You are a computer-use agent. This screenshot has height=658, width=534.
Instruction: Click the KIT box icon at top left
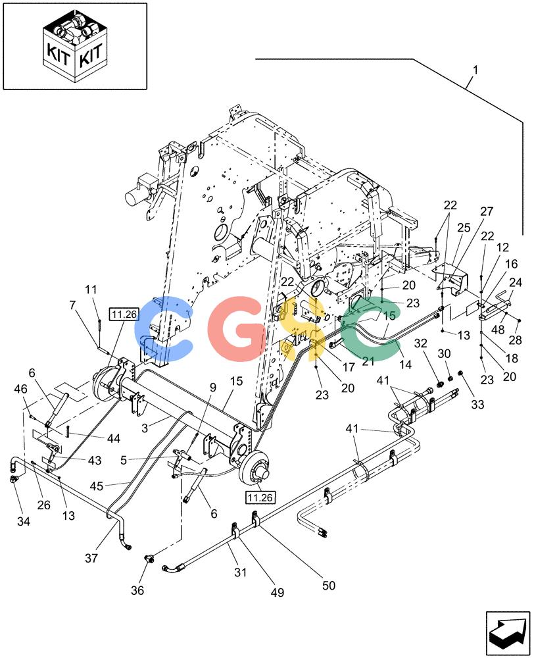pyautogui.click(x=75, y=46)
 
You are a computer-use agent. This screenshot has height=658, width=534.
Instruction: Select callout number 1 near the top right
pyautogui.click(x=475, y=70)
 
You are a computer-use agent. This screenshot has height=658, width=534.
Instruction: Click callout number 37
pyautogui.click(x=91, y=558)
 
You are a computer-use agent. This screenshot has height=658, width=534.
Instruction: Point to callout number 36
pyautogui.click(x=137, y=590)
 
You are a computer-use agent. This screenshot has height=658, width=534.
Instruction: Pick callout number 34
pyautogui.click(x=24, y=521)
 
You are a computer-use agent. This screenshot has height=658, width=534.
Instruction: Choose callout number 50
pyautogui.click(x=328, y=585)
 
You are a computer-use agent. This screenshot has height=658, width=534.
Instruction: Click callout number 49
pyautogui.click(x=278, y=592)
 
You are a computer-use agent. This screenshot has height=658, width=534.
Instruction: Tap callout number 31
pyautogui.click(x=240, y=572)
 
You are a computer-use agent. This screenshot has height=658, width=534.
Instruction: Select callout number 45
pyautogui.click(x=97, y=486)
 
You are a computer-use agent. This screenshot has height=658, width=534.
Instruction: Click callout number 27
pyautogui.click(x=487, y=211)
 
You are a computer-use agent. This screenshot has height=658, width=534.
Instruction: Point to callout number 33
pyautogui.click(x=477, y=404)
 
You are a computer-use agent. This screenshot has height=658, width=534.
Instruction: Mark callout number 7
pyautogui.click(x=73, y=305)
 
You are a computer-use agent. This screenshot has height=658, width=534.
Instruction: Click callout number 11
pyautogui.click(x=91, y=289)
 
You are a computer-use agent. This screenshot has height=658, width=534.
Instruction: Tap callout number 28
pyautogui.click(x=515, y=340)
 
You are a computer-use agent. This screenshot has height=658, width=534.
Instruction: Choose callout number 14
pyautogui.click(x=405, y=365)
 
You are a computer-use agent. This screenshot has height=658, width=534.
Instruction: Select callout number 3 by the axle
pyautogui.click(x=145, y=428)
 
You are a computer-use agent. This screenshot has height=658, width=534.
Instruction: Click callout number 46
pyautogui.click(x=20, y=389)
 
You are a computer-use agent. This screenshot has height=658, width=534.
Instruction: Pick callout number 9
pyautogui.click(x=212, y=388)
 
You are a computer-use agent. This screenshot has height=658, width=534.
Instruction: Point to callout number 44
pyautogui.click(x=113, y=438)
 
